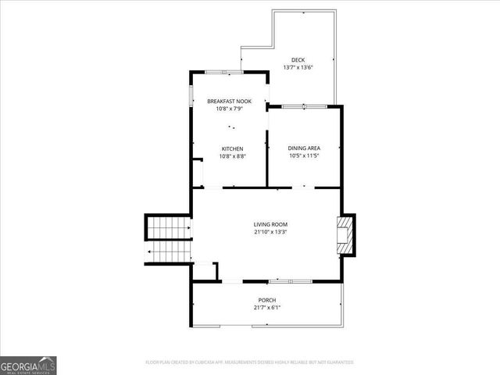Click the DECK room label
point(298,60)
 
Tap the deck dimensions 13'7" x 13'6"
point(298,68)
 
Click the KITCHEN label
point(232,148)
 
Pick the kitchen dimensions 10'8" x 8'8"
point(232,156)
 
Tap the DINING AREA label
point(304,148)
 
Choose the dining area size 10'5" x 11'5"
point(304,155)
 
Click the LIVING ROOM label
point(270,224)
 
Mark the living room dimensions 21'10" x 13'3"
point(270,232)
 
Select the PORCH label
point(267,300)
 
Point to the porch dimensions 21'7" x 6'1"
point(267,308)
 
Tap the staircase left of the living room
point(169,238)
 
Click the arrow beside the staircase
point(148,252)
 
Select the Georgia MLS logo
point(28,365)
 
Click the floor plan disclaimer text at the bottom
point(250,362)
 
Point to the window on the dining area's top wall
point(303,105)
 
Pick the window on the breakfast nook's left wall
point(191,95)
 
